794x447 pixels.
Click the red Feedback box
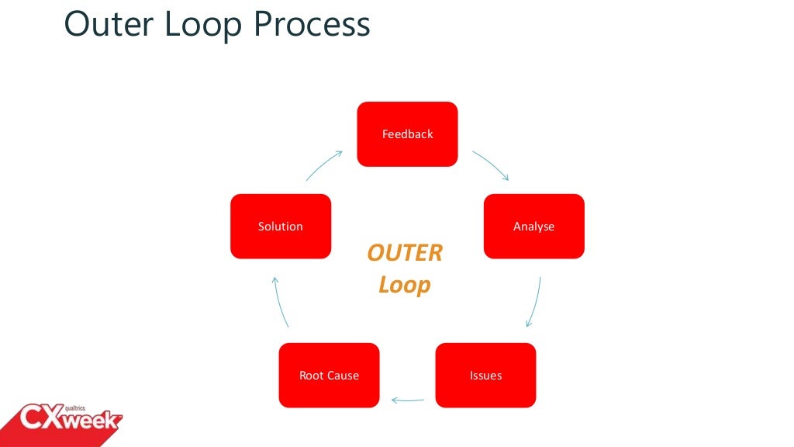coord(407,134)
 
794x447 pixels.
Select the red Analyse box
coord(533,227)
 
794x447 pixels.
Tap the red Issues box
coord(485,376)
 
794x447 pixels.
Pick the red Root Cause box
coord(329,376)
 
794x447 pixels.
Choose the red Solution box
coord(281,227)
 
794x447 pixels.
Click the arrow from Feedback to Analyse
coord(491,165)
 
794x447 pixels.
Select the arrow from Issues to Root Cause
coord(408,400)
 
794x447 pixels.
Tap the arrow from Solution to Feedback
coord(324,165)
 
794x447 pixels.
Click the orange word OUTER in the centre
coord(405,253)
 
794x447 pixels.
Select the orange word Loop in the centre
coord(404,285)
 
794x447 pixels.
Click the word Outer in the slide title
coord(105,25)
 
